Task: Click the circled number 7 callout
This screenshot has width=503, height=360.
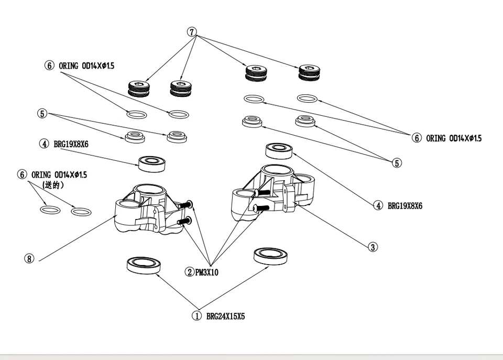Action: (192, 32)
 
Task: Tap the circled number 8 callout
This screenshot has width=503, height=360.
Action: (29, 258)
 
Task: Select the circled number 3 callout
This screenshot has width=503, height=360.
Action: (373, 247)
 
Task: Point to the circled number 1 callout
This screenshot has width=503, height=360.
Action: (196, 316)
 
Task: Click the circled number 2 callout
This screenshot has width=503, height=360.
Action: (189, 272)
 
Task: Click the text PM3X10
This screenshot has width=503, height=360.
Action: (207, 272)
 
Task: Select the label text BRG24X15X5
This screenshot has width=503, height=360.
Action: (226, 317)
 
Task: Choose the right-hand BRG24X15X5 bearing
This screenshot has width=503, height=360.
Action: (270, 255)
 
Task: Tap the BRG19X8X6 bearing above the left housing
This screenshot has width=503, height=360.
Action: (152, 163)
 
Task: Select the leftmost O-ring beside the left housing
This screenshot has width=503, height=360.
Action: (50, 210)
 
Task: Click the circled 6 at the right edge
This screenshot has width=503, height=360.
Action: (417, 138)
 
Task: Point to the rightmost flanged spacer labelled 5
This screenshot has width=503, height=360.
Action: (304, 121)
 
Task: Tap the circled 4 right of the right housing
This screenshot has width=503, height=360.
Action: (378, 205)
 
